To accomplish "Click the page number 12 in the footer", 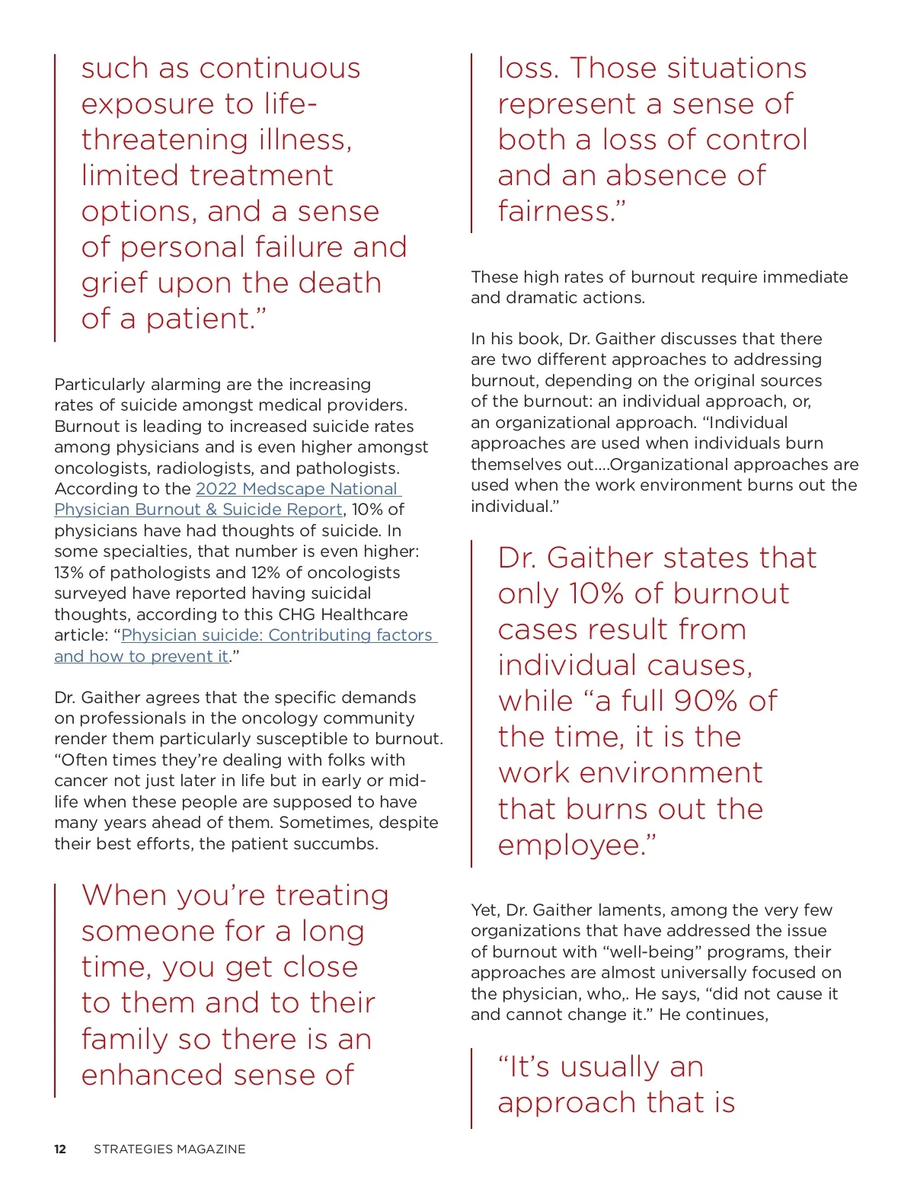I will (x=60, y=1149).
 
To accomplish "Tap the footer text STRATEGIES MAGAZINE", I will (x=169, y=1149).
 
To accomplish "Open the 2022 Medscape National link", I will (x=297, y=489).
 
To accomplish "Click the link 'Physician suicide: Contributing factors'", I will (x=276, y=635).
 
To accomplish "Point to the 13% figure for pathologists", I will (x=67, y=573).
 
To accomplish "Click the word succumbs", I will (x=340, y=844).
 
